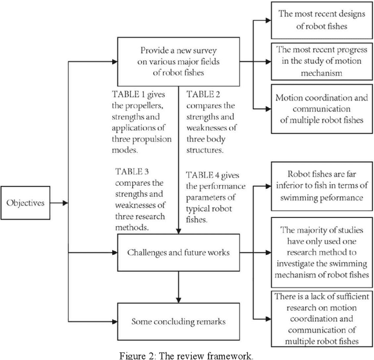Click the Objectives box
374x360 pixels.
[x=25, y=203]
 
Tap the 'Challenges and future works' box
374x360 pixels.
[x=177, y=252]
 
